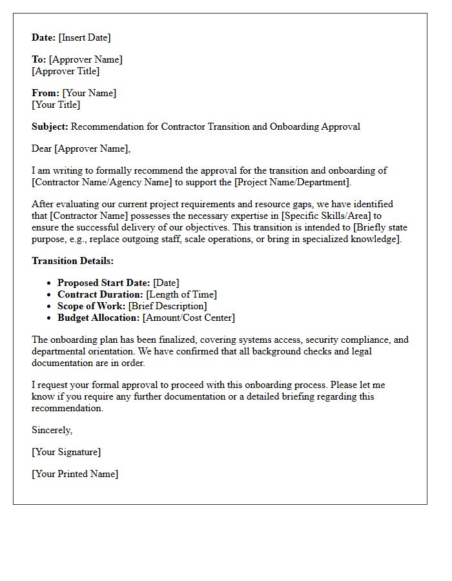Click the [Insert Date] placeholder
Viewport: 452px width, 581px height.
(x=85, y=37)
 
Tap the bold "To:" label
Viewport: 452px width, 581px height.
(x=39, y=59)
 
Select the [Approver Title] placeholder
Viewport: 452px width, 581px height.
(x=65, y=71)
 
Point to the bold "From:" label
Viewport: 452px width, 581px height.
(x=45, y=93)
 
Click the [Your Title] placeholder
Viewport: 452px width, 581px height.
(x=56, y=105)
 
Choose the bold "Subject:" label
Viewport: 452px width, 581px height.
(x=50, y=127)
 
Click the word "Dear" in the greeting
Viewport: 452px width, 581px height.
(x=42, y=148)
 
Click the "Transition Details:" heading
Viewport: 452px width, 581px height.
(x=72, y=261)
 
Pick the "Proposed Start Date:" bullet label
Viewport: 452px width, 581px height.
(x=103, y=283)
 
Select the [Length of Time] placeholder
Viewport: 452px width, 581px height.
(x=181, y=294)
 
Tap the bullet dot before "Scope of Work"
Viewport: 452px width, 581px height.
(x=50, y=306)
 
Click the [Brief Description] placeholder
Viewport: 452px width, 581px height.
(x=167, y=306)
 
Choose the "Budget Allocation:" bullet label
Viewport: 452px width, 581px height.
(x=98, y=318)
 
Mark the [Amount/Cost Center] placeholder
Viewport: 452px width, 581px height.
(x=189, y=318)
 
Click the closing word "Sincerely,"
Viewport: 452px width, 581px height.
(x=52, y=430)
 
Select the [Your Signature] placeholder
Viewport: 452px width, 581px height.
(x=66, y=452)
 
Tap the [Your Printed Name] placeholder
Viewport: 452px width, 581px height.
(x=75, y=474)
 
